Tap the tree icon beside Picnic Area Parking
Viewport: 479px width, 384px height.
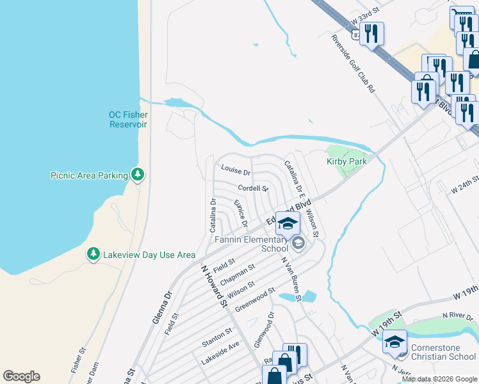coord(137,174)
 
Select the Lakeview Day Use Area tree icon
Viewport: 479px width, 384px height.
coord(93,255)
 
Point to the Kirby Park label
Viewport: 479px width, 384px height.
coord(346,162)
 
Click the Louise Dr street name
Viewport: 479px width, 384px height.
coord(235,169)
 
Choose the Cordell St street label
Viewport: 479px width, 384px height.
coord(252,188)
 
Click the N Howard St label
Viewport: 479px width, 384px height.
coord(215,287)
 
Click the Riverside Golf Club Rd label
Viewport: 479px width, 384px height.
coord(353,64)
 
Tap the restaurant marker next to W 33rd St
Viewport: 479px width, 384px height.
coord(371,33)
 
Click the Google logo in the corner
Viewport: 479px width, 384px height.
coord(21,376)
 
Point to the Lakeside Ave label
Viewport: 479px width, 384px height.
coord(220,353)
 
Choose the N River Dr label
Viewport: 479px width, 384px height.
coord(457,316)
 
